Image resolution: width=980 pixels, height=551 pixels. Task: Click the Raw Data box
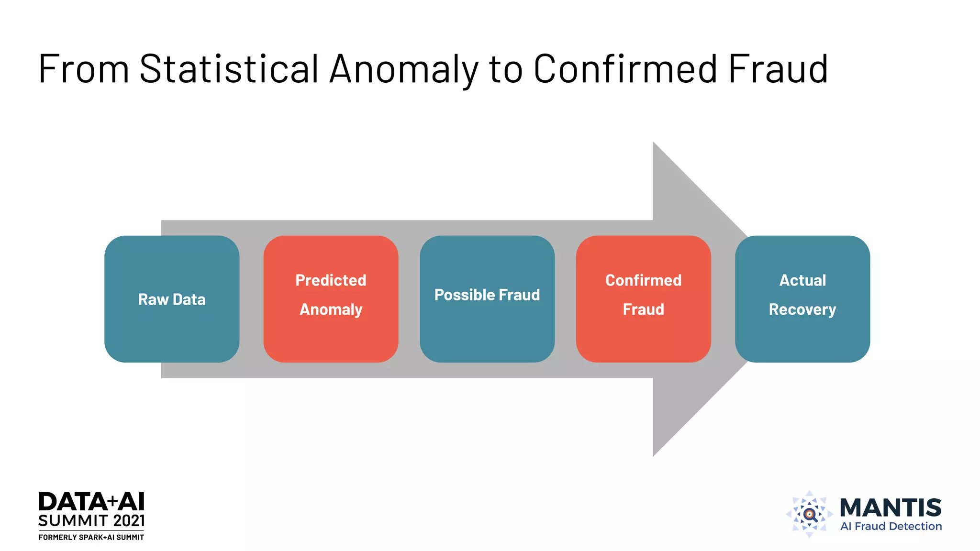click(x=172, y=299)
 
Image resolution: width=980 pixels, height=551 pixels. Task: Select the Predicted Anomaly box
click(x=331, y=299)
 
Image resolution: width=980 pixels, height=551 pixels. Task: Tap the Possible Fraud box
click(x=487, y=299)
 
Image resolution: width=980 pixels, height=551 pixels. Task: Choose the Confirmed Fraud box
click(x=643, y=299)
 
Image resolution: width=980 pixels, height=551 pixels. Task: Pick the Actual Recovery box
click(x=802, y=299)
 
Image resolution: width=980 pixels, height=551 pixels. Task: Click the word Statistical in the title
click(x=229, y=69)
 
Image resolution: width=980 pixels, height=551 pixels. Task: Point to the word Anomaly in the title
click(x=404, y=70)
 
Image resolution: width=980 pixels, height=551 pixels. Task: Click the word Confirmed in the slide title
click(x=625, y=69)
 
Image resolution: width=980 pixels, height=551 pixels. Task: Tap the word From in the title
click(x=84, y=69)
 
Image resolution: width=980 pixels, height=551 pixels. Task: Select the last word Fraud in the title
click(x=778, y=69)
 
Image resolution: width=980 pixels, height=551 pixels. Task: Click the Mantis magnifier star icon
click(x=809, y=515)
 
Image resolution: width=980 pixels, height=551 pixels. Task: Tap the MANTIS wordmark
click(x=891, y=507)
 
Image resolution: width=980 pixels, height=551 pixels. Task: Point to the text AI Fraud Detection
click(x=891, y=527)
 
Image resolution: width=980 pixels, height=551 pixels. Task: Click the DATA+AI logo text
click(x=91, y=502)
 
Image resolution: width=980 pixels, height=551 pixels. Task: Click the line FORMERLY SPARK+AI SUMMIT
click(x=91, y=538)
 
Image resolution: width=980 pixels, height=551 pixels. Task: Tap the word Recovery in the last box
click(x=802, y=309)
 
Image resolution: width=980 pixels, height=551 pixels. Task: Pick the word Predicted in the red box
click(x=331, y=280)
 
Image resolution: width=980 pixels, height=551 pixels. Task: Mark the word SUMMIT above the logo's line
click(x=73, y=521)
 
